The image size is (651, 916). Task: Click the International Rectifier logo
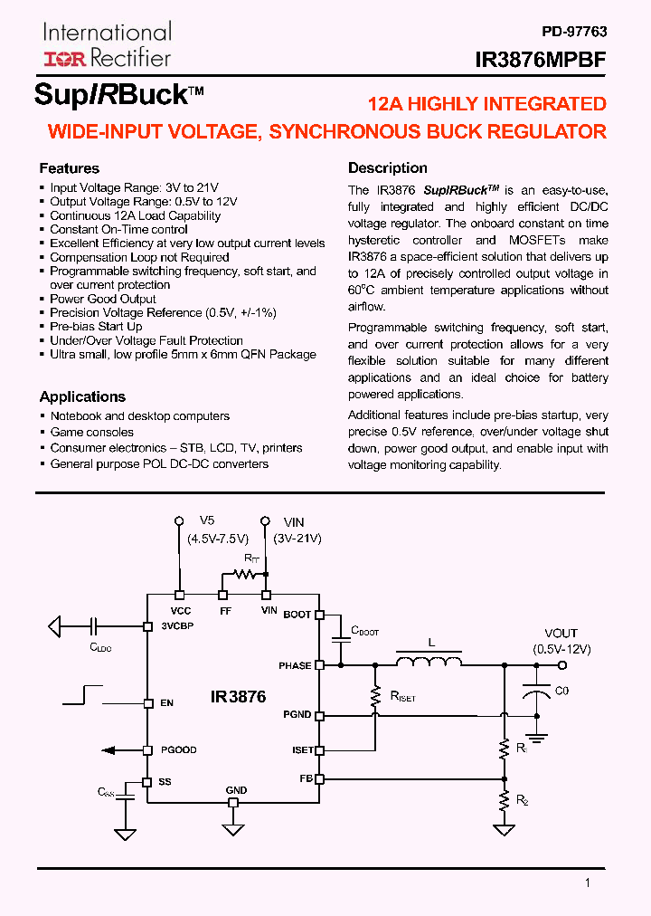pyautogui.click(x=107, y=46)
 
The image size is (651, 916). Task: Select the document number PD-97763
pyautogui.click(x=574, y=32)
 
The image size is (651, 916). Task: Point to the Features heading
pyautogui.click(x=70, y=168)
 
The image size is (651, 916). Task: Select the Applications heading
pyautogui.click(x=82, y=396)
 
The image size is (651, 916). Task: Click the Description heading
pyautogui.click(x=388, y=167)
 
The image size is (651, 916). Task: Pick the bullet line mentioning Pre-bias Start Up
pyautogui.click(x=96, y=326)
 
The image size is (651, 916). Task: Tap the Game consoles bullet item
pyautogui.click(x=91, y=432)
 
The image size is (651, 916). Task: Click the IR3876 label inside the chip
pyautogui.click(x=239, y=697)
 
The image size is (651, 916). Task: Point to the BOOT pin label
pyautogui.click(x=297, y=615)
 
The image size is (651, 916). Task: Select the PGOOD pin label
pyautogui.click(x=179, y=749)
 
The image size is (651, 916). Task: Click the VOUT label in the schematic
pyautogui.click(x=561, y=634)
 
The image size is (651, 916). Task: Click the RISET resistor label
pyautogui.click(x=402, y=698)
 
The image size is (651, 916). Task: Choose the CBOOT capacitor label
pyautogui.click(x=364, y=631)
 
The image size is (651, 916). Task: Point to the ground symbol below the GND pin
pyautogui.click(x=233, y=829)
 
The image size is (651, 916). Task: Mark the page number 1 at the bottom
pyautogui.click(x=588, y=883)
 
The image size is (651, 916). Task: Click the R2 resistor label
pyautogui.click(x=522, y=801)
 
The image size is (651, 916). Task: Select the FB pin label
pyautogui.click(x=306, y=778)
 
